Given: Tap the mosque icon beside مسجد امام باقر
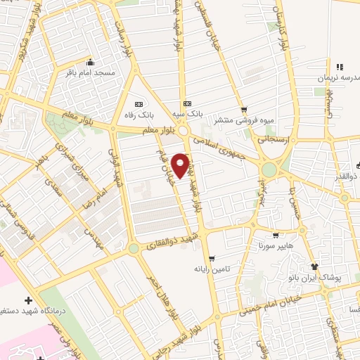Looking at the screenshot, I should pyautogui.click(x=89, y=62).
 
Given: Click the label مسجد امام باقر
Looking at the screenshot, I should pyautogui.click(x=99, y=72).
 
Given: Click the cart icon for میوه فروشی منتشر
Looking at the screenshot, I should pyautogui.click(x=244, y=109).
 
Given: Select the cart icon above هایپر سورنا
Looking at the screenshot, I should pyautogui.click(x=275, y=236).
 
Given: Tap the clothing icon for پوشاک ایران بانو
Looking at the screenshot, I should pyautogui.click(x=315, y=266).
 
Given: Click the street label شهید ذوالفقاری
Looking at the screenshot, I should pyautogui.click(x=171, y=243).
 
